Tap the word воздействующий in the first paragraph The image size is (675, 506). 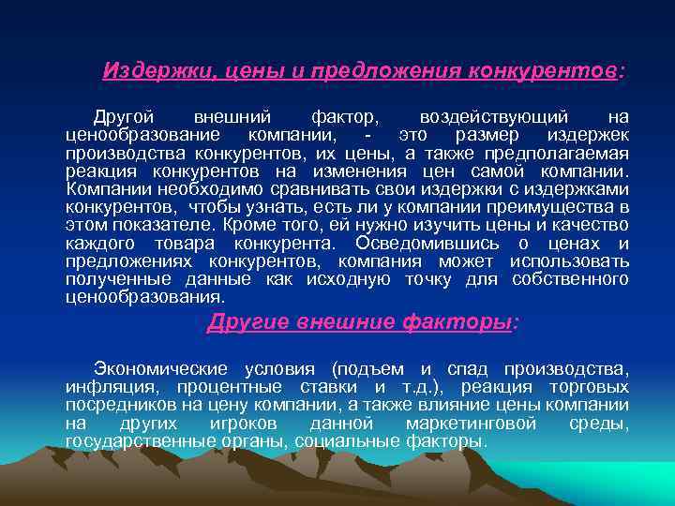tap(493, 117)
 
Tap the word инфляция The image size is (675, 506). tap(104, 387)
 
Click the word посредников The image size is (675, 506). tap(118, 405)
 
